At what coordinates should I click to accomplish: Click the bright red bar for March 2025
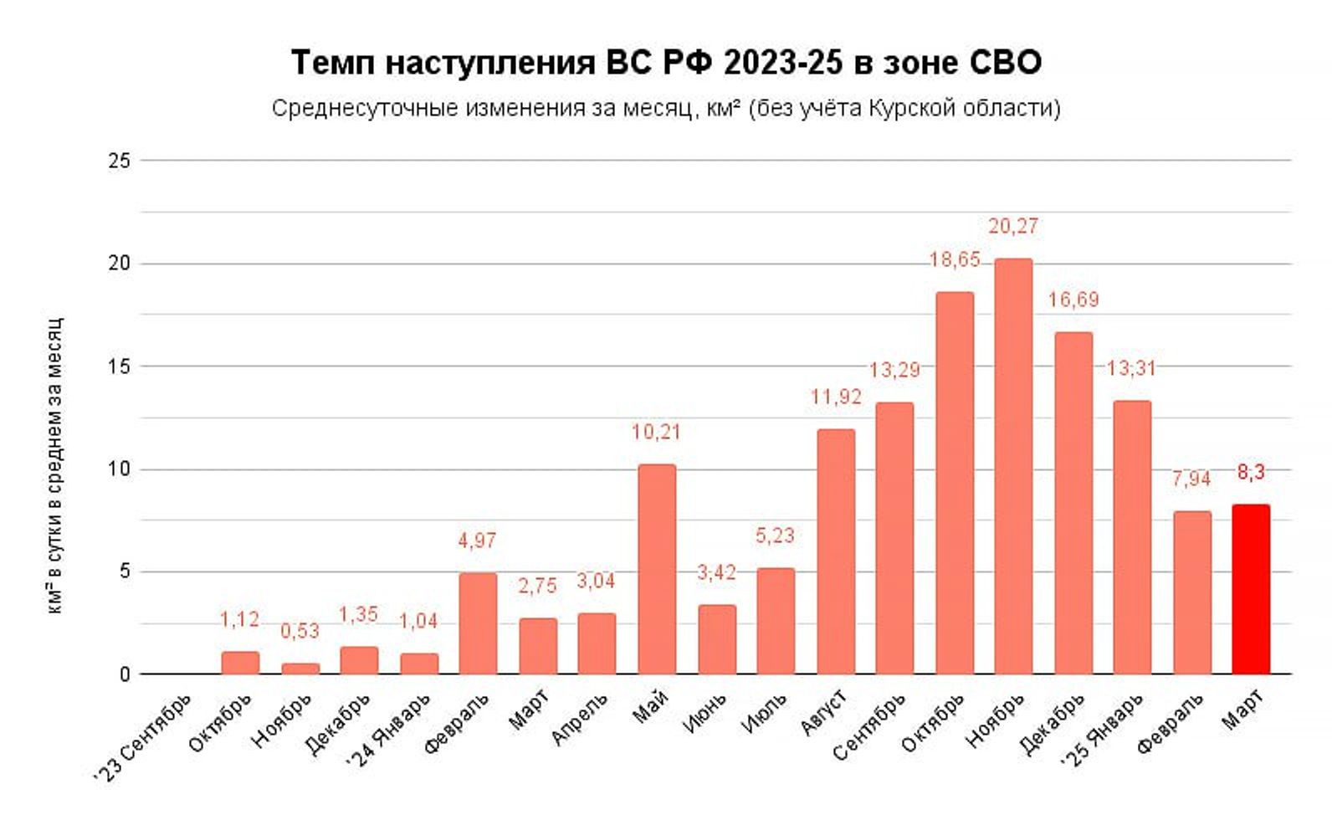point(1251,589)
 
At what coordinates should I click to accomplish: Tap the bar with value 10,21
point(657,569)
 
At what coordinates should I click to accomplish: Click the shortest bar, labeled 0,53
point(300,669)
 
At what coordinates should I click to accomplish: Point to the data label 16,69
point(1073,300)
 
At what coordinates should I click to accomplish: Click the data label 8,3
point(1251,473)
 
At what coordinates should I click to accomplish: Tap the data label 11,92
point(836,397)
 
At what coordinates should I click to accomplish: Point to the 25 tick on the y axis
point(120,161)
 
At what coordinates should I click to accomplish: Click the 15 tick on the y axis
point(120,366)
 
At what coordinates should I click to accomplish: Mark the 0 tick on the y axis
point(125,674)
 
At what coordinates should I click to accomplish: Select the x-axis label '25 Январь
point(1102,729)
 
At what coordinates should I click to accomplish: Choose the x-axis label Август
point(824,713)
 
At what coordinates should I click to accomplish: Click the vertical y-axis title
point(54,466)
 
